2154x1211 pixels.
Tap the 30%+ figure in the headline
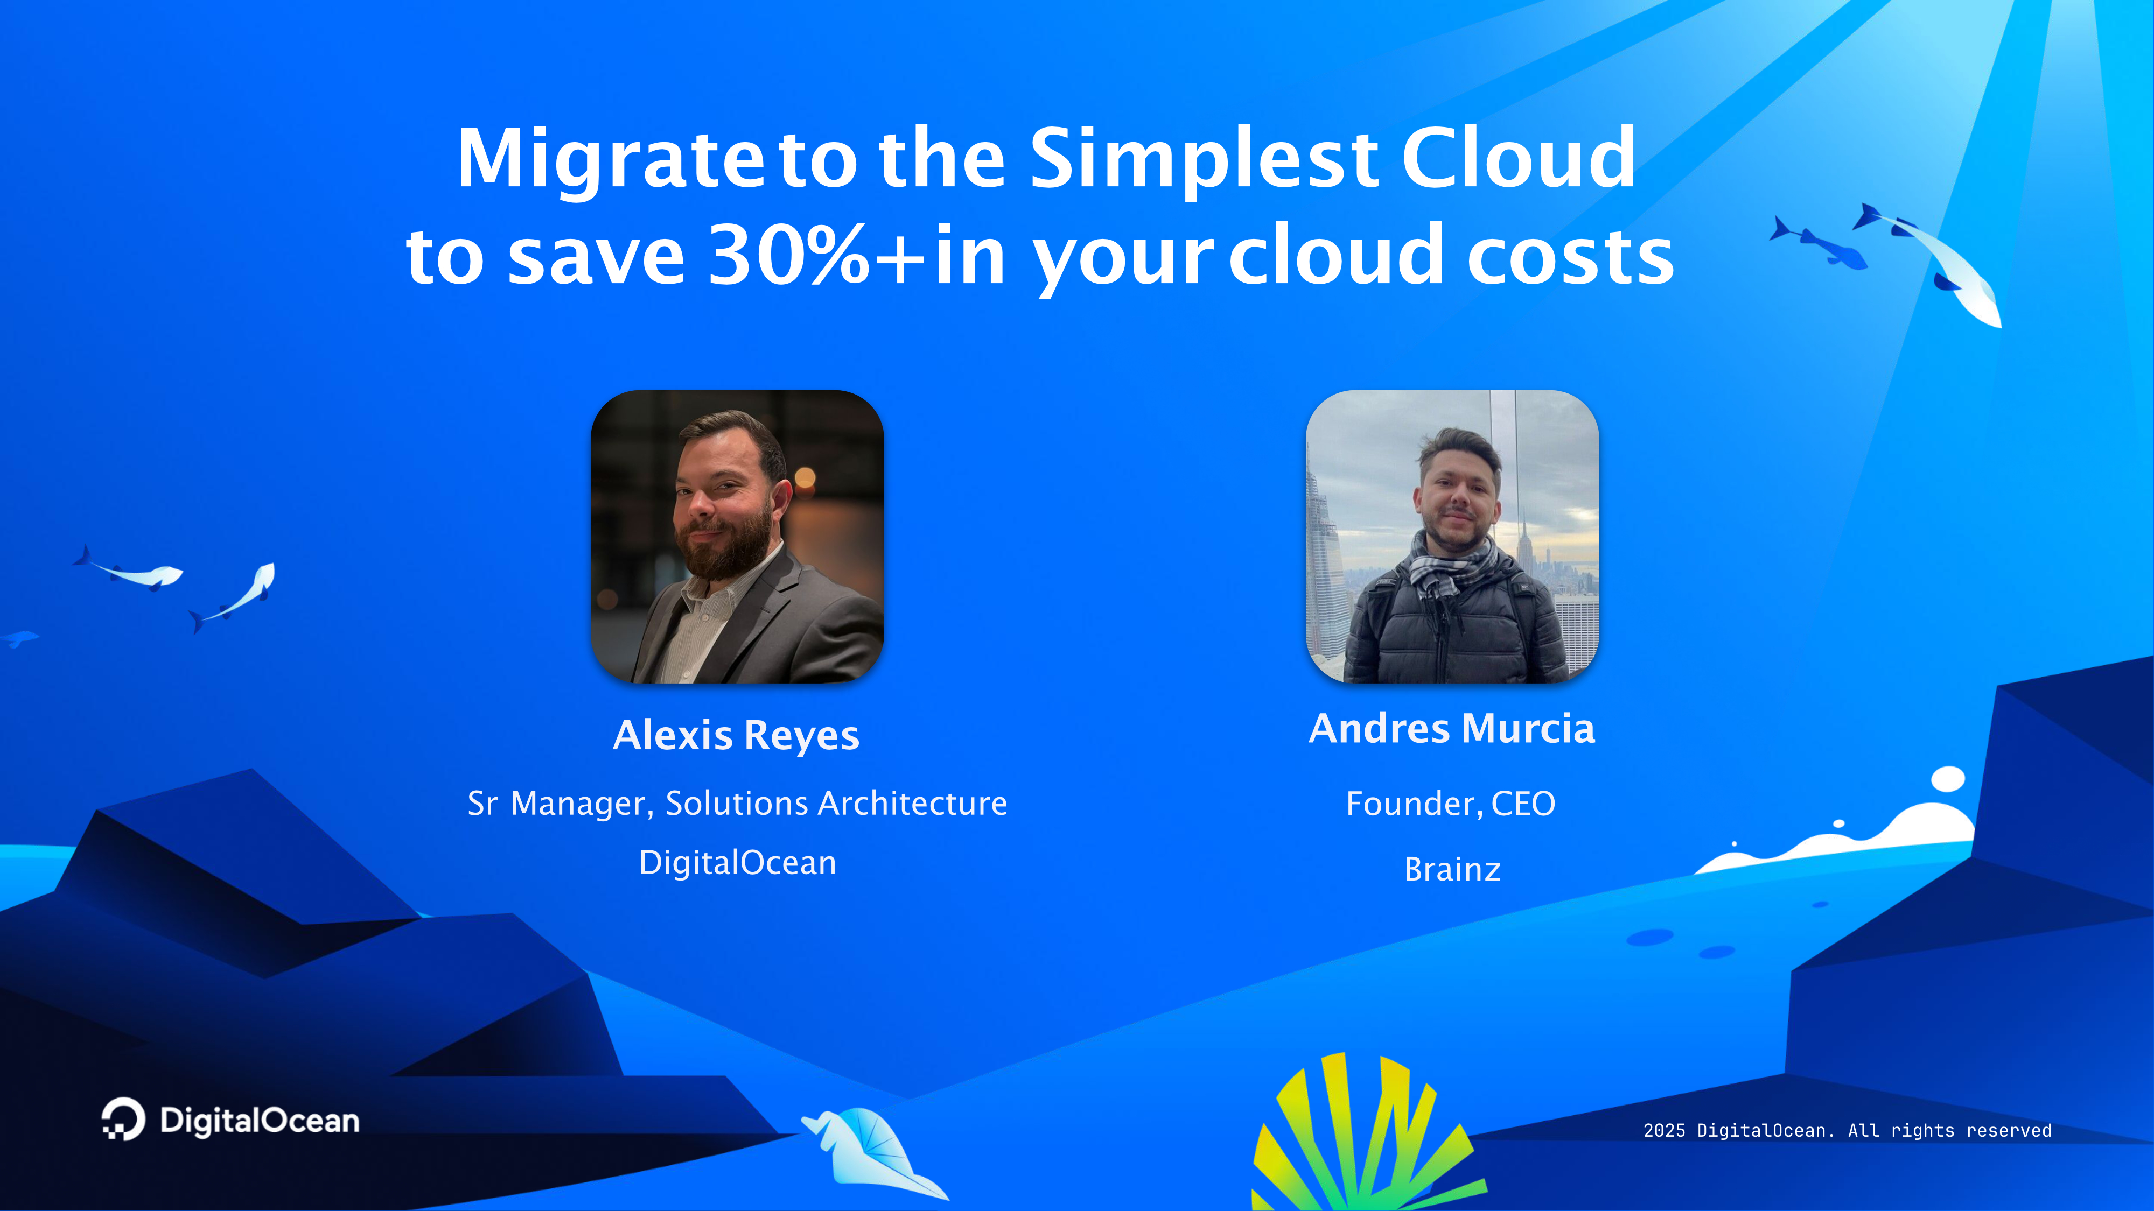818,255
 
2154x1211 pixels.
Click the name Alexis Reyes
736,735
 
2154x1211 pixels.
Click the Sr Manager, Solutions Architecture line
737,803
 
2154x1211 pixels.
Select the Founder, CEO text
1451,804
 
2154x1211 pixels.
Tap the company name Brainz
1452,870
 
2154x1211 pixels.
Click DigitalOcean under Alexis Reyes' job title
737,862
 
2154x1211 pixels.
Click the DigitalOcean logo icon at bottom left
123,1119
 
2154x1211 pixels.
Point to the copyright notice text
1847,1131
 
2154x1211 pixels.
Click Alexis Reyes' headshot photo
737,537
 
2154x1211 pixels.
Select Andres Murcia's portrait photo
1452,537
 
